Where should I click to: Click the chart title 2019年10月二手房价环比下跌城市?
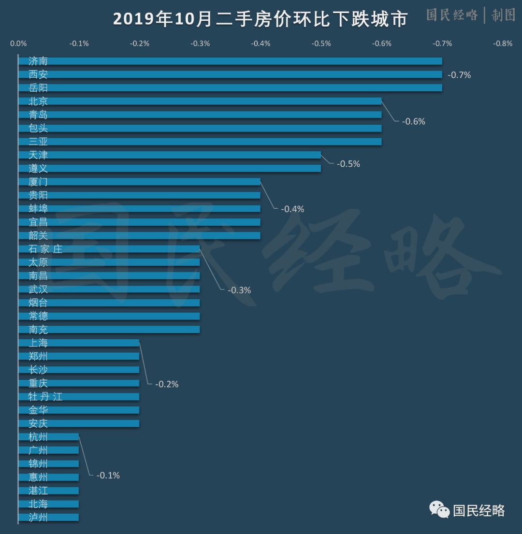[261, 19]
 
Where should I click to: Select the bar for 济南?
[230, 61]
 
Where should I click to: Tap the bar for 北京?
[200, 101]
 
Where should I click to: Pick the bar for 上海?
[79, 343]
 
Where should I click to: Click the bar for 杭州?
[48, 437]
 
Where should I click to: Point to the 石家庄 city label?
[45, 249]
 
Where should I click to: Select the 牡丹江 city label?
[45, 397]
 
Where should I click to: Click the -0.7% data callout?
[459, 75]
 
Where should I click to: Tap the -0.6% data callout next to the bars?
[413, 121]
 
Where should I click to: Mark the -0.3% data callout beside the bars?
[239, 290]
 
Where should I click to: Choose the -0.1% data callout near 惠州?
[108, 476]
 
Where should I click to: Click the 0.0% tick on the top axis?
[18, 43]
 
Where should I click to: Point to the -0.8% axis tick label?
[503, 43]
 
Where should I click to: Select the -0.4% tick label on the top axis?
[261, 43]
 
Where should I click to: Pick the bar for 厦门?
[139, 182]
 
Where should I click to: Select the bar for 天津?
[169, 155]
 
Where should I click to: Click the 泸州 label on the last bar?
[38, 518]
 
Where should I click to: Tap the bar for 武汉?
[109, 289]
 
